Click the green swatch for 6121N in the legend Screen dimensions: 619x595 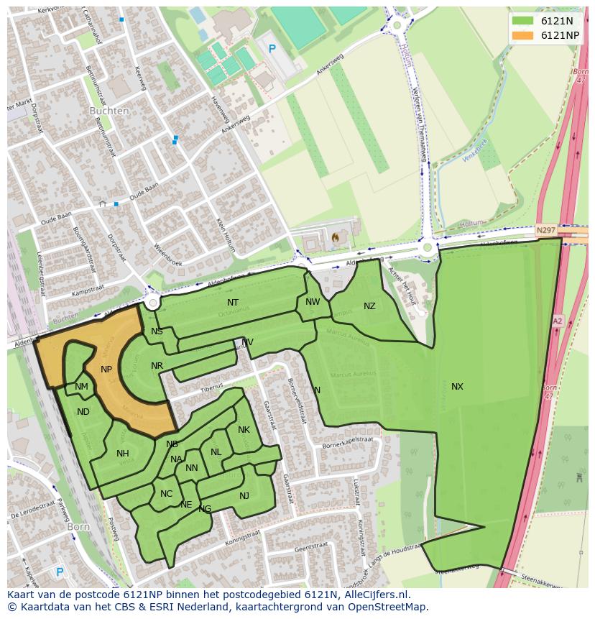[x=523, y=21]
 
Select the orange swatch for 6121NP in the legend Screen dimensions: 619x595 [x=523, y=35]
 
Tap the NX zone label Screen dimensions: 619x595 [x=457, y=387]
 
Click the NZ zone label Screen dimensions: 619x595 [x=369, y=306]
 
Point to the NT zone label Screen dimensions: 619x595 [x=233, y=303]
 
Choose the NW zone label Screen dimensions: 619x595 [x=313, y=302]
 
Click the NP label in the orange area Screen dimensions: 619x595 [x=106, y=370]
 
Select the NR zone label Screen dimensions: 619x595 [x=157, y=366]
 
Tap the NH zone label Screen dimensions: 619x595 [x=123, y=454]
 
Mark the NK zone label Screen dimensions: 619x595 [x=244, y=430]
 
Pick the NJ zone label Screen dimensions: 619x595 [x=244, y=495]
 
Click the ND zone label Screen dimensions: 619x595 [x=83, y=412]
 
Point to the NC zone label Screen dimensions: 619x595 [x=166, y=494]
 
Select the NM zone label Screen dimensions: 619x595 [x=81, y=388]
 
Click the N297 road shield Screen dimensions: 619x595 [x=545, y=230]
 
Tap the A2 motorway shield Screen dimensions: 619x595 [x=558, y=321]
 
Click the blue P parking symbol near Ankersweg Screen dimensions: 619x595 [x=272, y=49]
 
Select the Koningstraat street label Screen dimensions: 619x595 [x=245, y=541]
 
